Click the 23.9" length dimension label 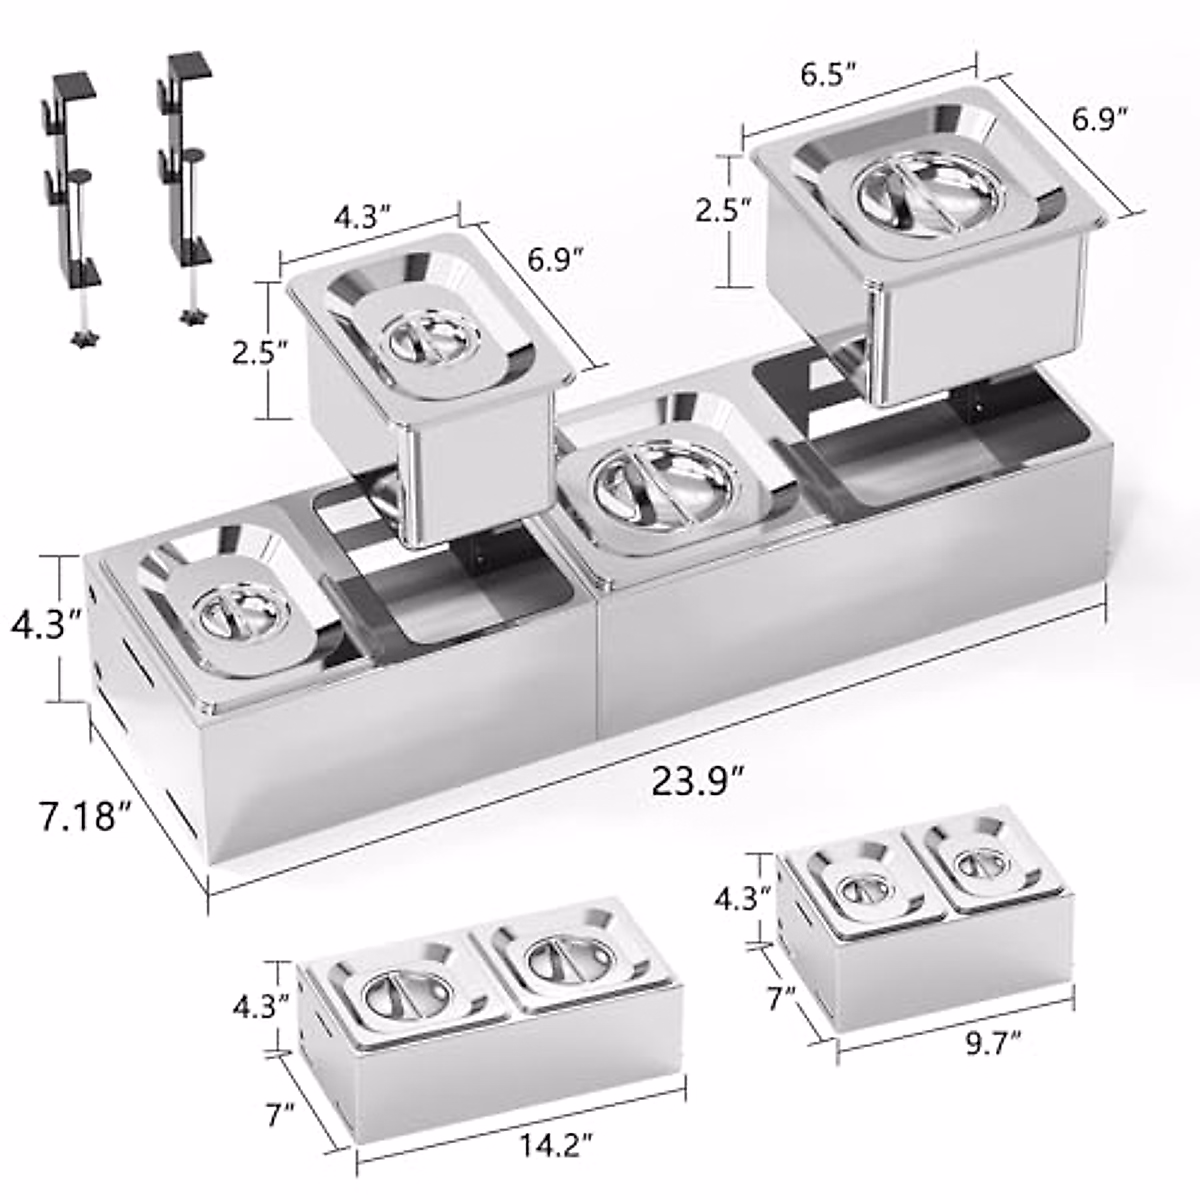coord(700,779)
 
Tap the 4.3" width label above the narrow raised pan coord(356,217)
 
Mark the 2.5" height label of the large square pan coord(721,209)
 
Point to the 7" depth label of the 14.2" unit coord(281,1109)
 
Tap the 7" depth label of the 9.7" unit coord(781,996)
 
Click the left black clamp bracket coord(73,190)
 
